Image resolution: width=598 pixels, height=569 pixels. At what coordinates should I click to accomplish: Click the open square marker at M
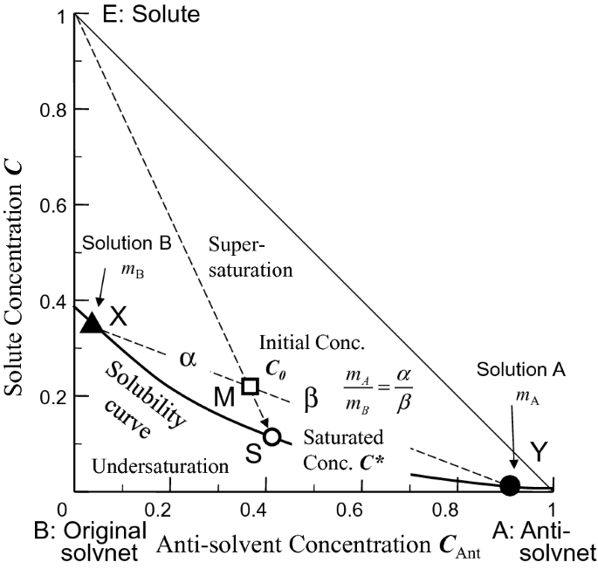251,386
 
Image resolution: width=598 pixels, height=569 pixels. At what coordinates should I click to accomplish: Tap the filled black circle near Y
511,484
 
